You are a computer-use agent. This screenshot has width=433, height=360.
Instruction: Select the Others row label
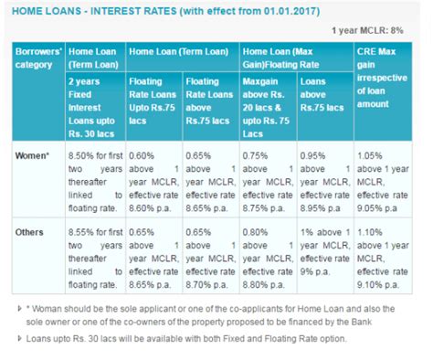coord(34,233)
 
